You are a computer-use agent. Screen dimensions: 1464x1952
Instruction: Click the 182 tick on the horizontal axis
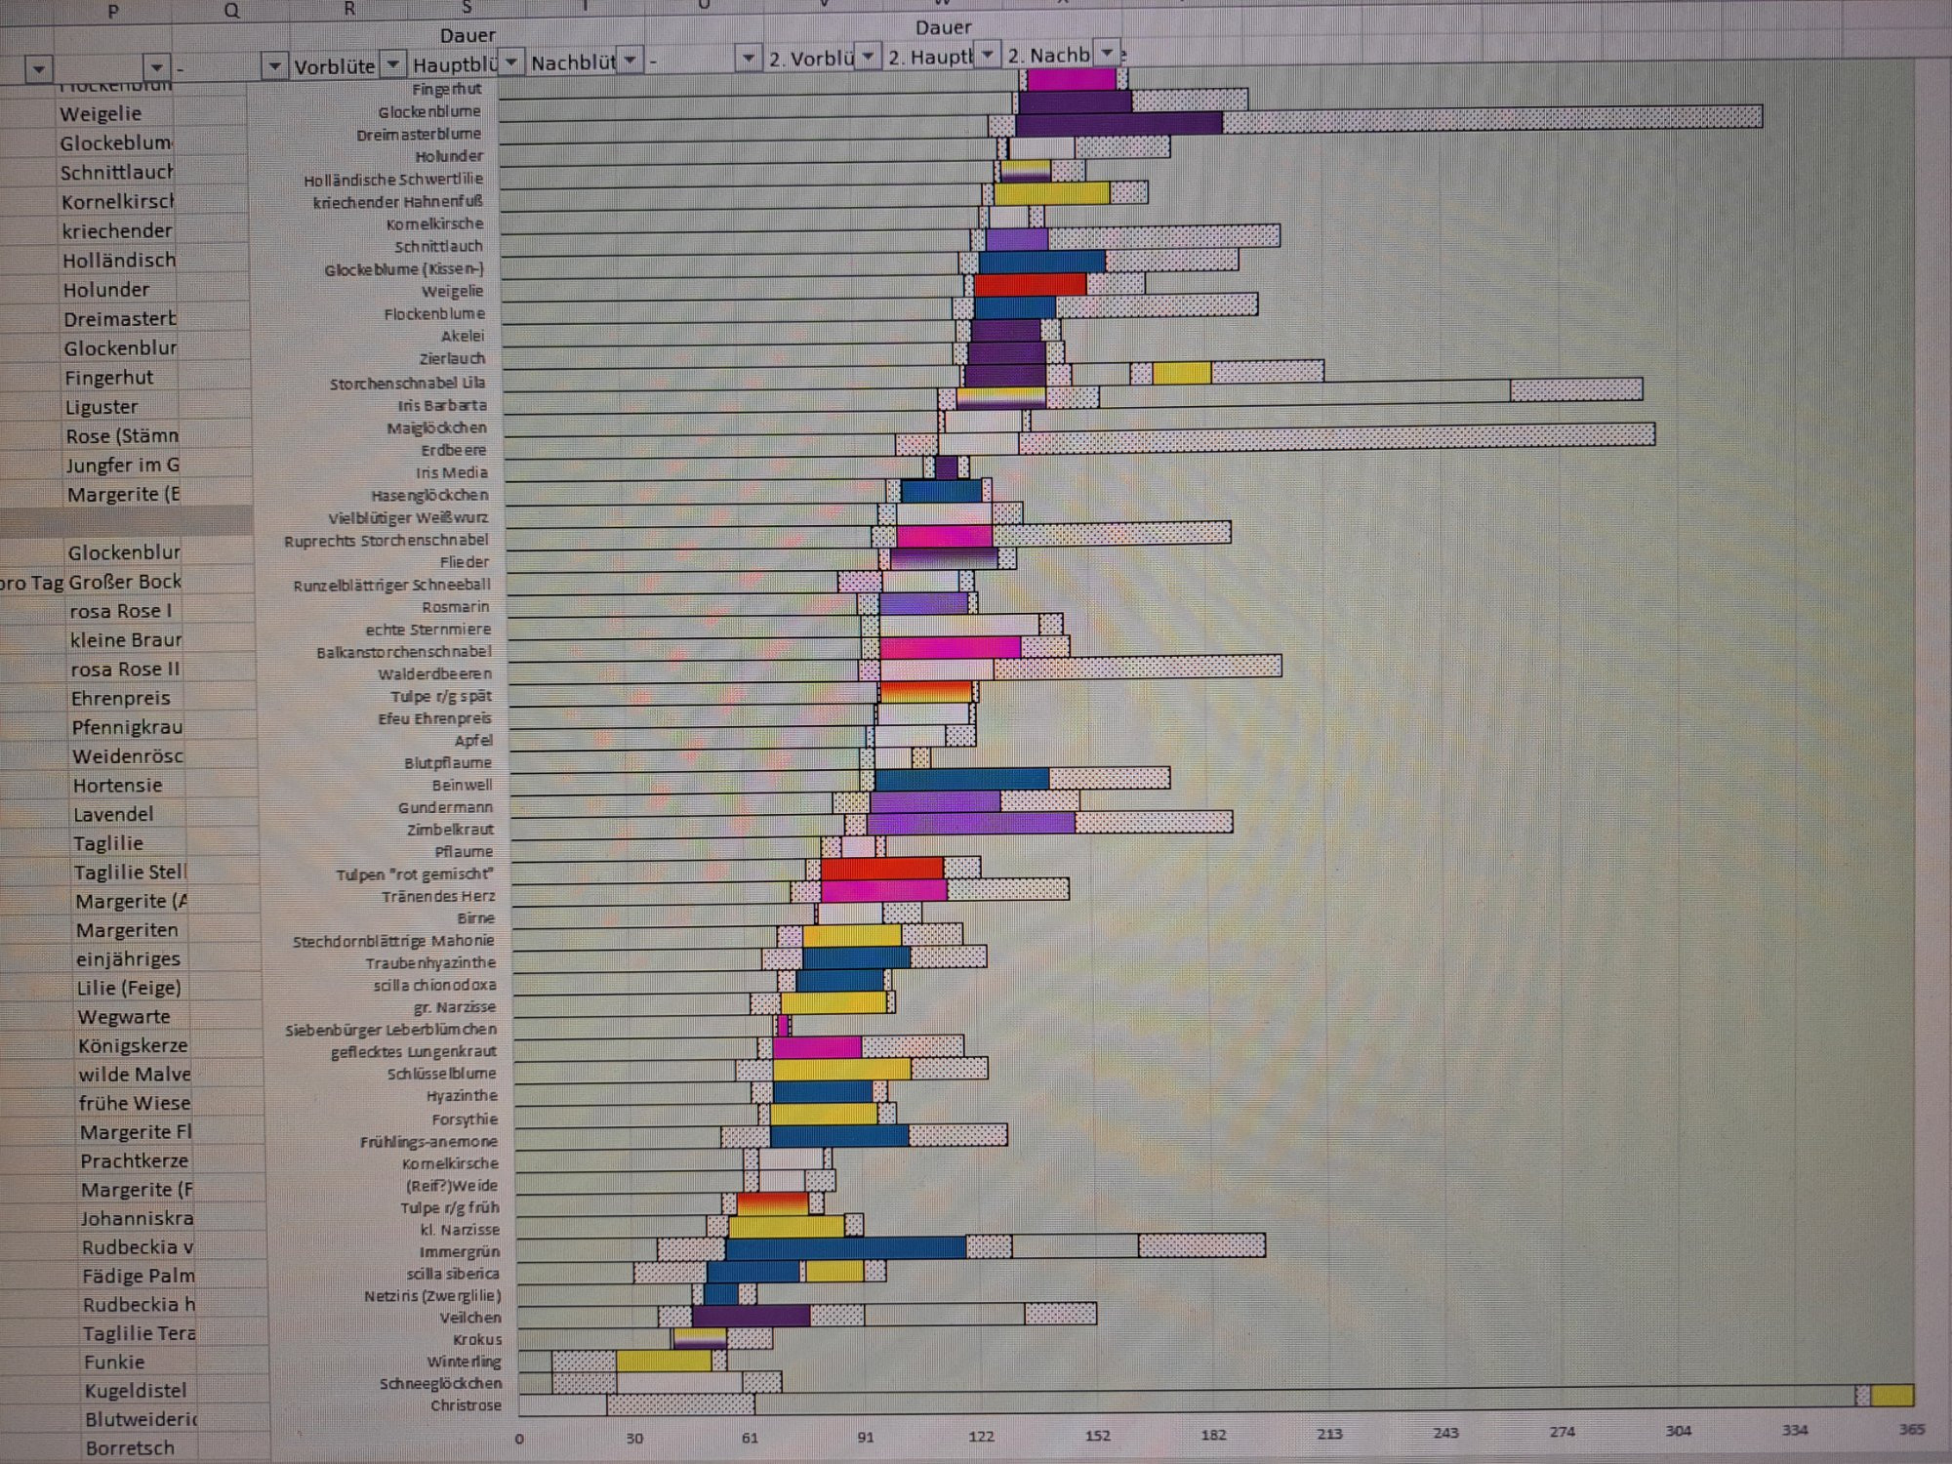1213,1435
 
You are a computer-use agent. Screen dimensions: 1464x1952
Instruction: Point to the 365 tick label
1911,1429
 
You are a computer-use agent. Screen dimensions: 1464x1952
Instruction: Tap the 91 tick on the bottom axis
866,1437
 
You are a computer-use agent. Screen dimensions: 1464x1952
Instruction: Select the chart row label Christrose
466,1405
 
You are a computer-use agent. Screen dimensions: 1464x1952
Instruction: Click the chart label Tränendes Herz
438,896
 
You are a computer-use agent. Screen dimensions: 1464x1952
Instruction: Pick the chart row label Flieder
464,562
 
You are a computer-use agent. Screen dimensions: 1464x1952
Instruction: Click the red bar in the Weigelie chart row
1030,285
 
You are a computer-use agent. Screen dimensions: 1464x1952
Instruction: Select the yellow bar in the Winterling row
664,1360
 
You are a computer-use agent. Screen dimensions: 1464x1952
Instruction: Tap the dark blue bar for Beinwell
961,779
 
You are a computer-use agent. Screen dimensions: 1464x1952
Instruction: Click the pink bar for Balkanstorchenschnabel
950,647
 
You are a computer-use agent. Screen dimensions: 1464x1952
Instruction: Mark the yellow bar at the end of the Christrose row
1891,1396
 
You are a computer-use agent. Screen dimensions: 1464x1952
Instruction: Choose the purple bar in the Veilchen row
751,1316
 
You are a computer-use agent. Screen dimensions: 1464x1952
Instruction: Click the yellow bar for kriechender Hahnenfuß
1051,193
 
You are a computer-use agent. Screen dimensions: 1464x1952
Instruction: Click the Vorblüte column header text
334,66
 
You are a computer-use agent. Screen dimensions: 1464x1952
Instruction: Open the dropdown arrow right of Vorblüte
392,64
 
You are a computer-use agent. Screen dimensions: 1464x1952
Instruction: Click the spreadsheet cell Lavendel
113,814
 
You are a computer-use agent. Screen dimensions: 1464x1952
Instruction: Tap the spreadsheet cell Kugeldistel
135,1391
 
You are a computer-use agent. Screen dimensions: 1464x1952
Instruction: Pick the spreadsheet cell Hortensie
117,785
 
